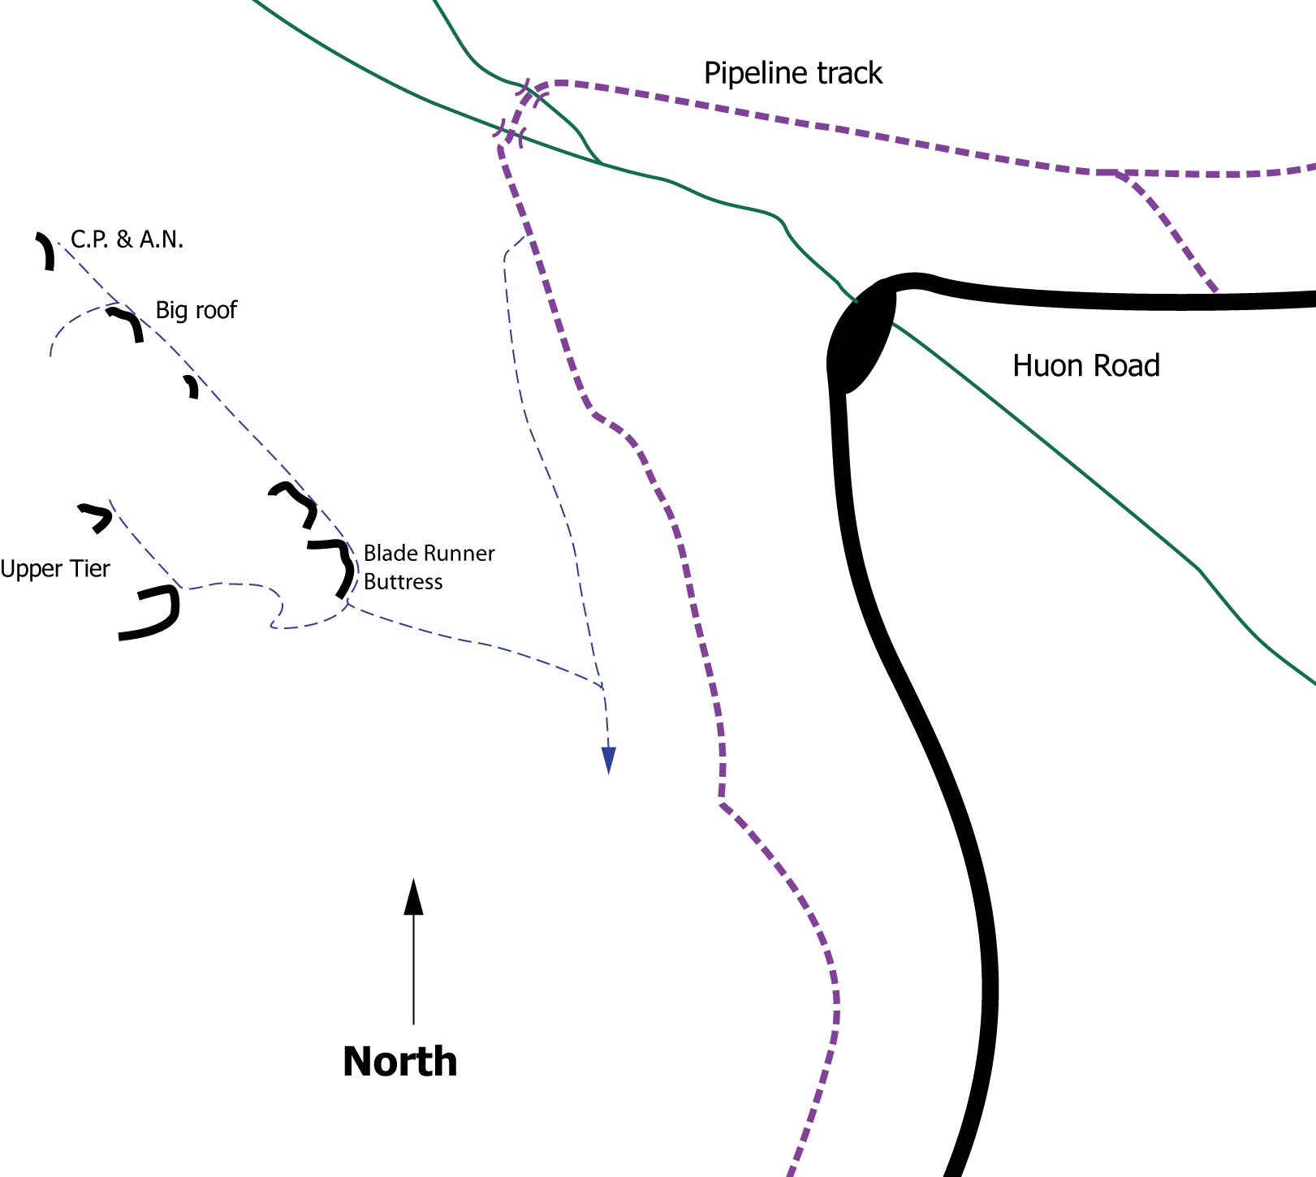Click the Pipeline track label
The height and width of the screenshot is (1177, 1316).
point(792,74)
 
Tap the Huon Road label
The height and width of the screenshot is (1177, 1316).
point(1085,366)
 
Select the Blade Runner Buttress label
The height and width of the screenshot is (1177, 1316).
point(429,567)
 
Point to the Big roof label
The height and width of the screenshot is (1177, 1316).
point(196,310)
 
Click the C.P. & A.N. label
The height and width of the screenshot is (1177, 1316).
point(127,239)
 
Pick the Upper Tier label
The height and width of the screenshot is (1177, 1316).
point(54,569)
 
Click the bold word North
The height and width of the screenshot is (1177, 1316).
point(399,1062)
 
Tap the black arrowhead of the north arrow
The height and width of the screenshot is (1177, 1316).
point(414,897)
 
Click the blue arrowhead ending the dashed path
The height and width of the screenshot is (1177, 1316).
point(608,760)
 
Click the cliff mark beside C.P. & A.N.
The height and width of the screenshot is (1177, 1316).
point(46,250)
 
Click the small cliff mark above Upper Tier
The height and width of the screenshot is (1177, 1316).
point(97,517)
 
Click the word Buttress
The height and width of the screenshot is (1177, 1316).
point(403,582)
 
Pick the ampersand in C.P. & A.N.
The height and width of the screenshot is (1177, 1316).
point(124,239)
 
